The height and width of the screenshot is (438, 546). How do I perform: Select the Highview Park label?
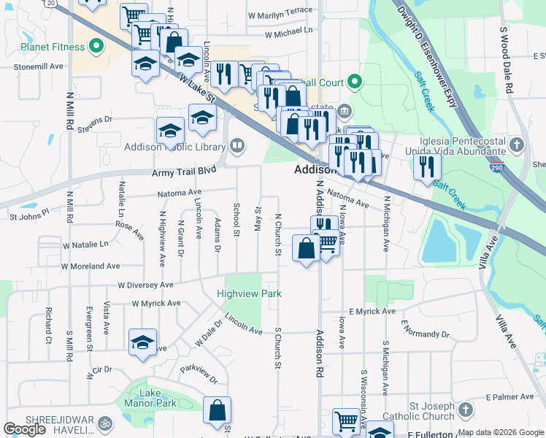point(249,294)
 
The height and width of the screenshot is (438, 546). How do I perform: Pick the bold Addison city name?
point(314,169)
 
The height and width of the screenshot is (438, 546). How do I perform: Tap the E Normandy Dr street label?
point(426,334)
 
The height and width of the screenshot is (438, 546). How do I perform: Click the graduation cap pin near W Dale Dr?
point(142,342)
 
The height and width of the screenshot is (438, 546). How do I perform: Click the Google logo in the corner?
point(25,429)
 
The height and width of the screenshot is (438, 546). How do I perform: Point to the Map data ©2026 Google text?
point(501,432)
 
